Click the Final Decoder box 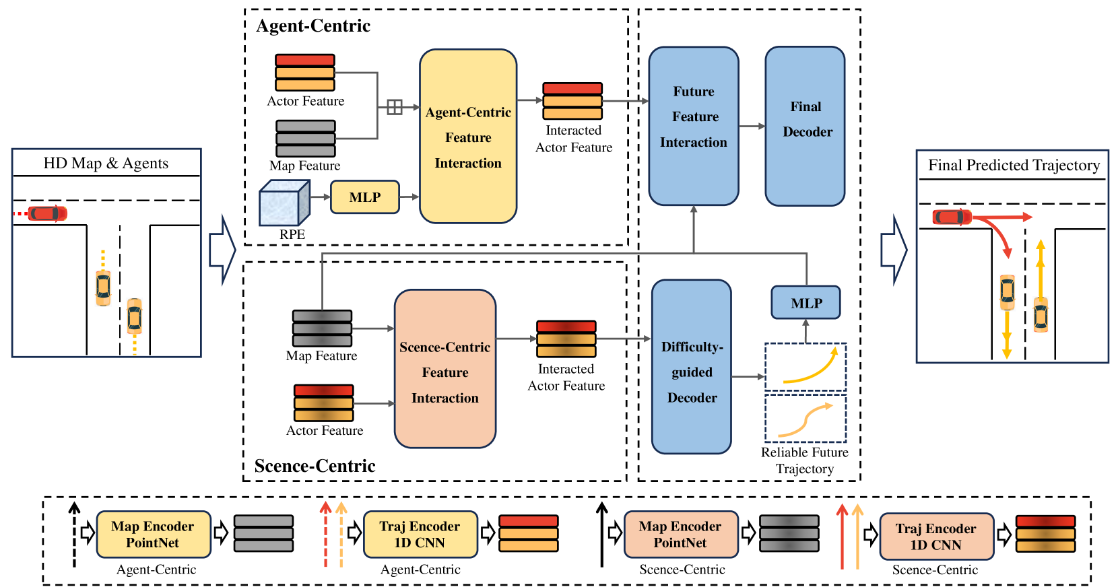(x=805, y=126)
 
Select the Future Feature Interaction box (x=694, y=126)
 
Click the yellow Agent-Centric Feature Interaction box (x=468, y=136)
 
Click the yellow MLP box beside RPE (x=365, y=197)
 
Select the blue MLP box (x=806, y=303)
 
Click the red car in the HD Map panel (x=47, y=213)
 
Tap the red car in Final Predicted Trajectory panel (x=952, y=217)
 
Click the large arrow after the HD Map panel (x=222, y=250)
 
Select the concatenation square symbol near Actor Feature (x=395, y=107)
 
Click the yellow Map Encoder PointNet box (x=154, y=534)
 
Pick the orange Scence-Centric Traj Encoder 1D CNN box (x=936, y=537)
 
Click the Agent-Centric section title (x=313, y=26)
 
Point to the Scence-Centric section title (x=315, y=466)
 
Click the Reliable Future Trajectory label (x=805, y=460)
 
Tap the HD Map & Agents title (x=106, y=164)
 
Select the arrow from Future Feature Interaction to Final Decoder (x=752, y=126)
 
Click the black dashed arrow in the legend (x=74, y=535)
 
